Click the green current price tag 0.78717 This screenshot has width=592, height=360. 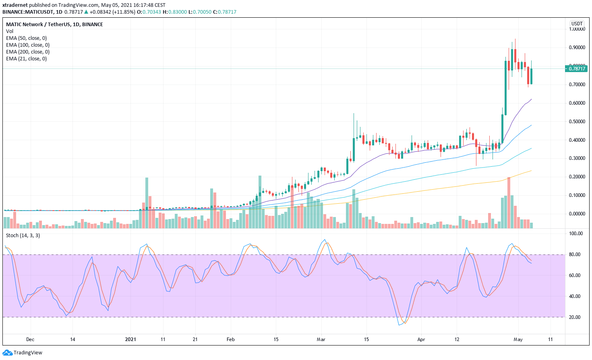[577, 69]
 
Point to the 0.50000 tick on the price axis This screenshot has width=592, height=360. [577, 122]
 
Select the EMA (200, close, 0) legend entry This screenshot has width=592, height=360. [28, 52]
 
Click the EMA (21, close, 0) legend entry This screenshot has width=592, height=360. [26, 59]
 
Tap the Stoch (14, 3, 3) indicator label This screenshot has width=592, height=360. [23, 236]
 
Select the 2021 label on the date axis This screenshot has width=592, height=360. [130, 339]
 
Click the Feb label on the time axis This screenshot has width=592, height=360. [230, 339]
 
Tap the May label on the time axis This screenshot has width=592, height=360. [518, 339]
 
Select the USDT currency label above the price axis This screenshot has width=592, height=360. [577, 24]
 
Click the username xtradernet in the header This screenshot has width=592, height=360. [15, 5]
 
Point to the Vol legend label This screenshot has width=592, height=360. [10, 31]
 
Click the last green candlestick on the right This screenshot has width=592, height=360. [532, 76]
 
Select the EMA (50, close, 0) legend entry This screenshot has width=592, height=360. [26, 38]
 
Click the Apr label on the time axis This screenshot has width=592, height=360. [421, 339]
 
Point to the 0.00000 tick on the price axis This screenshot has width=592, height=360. [577, 214]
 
